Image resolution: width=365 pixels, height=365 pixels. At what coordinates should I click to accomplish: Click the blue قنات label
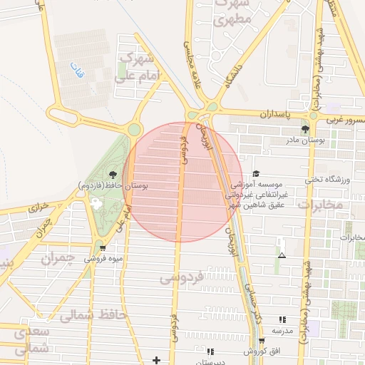click(x=76, y=71)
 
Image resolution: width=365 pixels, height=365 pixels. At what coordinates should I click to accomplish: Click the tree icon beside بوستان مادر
click(x=306, y=129)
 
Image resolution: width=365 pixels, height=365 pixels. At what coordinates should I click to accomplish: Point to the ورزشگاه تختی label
click(x=329, y=179)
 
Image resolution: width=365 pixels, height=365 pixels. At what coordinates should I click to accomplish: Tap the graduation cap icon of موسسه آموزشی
click(x=257, y=174)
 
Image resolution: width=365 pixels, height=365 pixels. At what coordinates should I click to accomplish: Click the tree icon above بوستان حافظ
click(x=113, y=173)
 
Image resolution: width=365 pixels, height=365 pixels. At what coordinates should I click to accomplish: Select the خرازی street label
click(x=39, y=209)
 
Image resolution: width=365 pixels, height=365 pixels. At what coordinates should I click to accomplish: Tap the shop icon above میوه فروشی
click(x=103, y=248)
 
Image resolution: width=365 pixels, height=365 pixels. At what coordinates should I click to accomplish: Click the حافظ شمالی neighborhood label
click(x=93, y=314)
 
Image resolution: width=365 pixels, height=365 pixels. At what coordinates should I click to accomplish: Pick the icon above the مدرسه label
click(x=282, y=320)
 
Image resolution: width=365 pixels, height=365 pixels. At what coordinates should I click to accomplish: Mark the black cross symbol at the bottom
click(x=157, y=359)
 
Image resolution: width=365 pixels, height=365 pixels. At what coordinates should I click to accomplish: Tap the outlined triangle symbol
click(x=282, y=255)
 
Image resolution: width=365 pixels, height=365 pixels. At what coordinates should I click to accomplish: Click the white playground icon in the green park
click(x=96, y=204)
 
